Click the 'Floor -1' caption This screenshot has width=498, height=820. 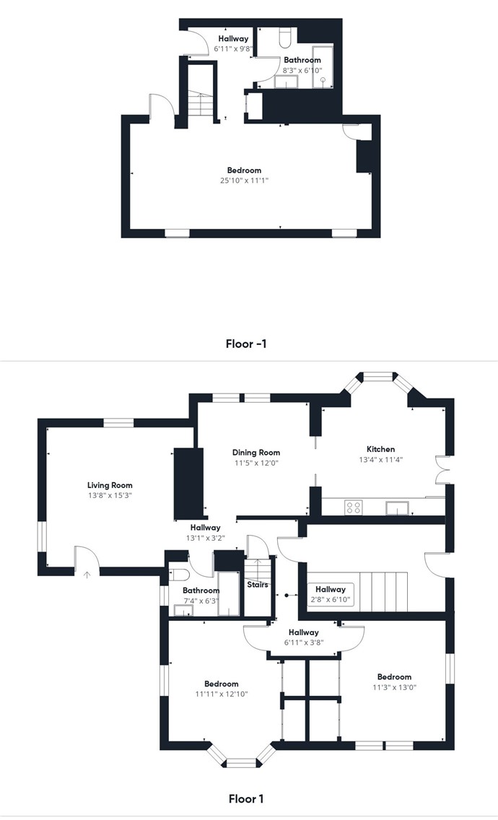coord(246,344)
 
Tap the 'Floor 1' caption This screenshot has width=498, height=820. coord(246,798)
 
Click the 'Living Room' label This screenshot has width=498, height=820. coord(110,485)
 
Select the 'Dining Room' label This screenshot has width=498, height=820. coord(256,453)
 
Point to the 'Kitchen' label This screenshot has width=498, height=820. coord(381,449)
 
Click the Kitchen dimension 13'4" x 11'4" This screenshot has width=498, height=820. coord(381,460)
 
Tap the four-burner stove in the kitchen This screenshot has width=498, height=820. coord(353,507)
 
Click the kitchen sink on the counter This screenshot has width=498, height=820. coord(397,507)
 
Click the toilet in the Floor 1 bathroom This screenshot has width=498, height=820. coord(180,575)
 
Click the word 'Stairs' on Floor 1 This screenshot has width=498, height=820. coord(258,585)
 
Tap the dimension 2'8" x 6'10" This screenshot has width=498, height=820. coord(331,600)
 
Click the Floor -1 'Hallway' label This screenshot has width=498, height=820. coord(233,39)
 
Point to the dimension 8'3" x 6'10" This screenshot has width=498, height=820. coord(302,70)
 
